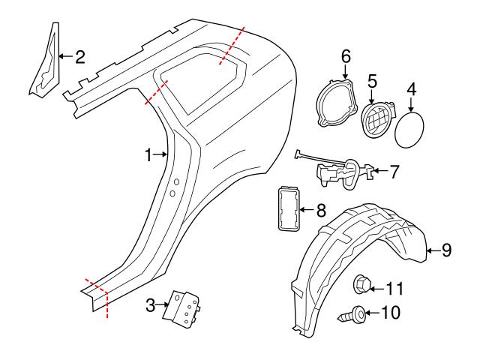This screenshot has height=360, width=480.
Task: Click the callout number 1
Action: tap(148, 154)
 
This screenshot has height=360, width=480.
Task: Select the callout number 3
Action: tap(150, 305)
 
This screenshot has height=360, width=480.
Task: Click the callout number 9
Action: tap(446, 250)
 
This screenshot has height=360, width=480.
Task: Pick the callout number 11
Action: tap(394, 287)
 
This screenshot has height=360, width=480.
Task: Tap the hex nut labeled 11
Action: tap(362, 286)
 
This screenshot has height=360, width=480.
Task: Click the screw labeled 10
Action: tap(355, 314)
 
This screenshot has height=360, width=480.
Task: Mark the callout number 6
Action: tap(346, 56)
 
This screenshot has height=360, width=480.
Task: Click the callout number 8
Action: tap(320, 211)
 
